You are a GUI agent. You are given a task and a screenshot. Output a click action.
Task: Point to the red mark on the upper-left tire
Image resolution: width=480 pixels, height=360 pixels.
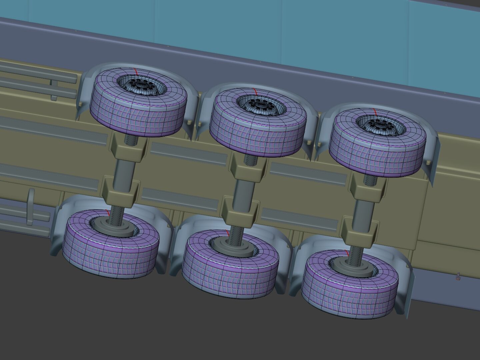coord(136,71)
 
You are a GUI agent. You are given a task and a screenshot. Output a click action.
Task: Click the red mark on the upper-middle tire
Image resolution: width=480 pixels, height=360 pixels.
coord(255,91)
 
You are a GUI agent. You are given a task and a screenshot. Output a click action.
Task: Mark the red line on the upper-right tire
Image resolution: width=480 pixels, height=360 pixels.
coord(375,112)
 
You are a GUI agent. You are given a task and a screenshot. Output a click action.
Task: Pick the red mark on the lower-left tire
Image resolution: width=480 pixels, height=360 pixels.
coord(107,213)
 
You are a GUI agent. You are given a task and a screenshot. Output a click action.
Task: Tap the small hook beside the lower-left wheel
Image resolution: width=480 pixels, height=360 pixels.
coord(31,207)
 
